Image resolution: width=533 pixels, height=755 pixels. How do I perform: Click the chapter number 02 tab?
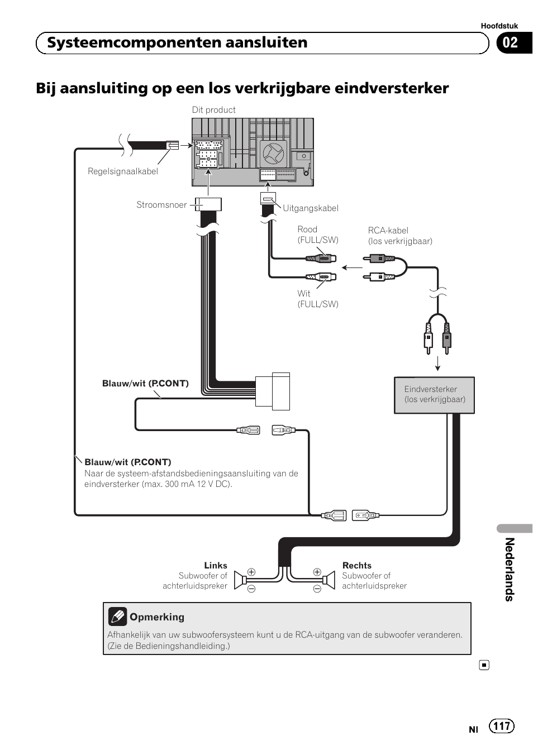click(511, 43)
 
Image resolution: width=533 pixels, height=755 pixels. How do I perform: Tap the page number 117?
click(502, 726)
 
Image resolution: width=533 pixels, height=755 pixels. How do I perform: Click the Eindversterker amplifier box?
click(434, 395)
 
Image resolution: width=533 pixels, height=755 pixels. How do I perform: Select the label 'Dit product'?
click(213, 110)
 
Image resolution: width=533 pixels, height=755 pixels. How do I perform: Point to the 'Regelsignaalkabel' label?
click(122, 171)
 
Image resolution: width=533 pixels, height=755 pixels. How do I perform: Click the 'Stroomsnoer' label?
click(161, 205)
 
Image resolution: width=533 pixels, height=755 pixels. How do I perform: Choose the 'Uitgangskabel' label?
click(311, 208)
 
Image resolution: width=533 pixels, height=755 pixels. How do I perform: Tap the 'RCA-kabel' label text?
click(388, 231)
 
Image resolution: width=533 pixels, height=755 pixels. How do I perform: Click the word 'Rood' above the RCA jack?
click(307, 230)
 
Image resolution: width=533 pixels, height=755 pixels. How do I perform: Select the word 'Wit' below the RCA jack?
click(304, 294)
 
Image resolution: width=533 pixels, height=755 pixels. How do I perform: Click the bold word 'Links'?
click(216, 566)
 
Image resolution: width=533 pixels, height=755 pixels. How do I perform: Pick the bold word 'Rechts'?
click(357, 566)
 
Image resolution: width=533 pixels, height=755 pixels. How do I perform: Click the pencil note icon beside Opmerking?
click(117, 617)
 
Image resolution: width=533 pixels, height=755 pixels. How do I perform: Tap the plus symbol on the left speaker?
click(251, 572)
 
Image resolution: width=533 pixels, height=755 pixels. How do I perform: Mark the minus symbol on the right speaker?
click(317, 589)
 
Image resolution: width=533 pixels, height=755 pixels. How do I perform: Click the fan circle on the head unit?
click(274, 152)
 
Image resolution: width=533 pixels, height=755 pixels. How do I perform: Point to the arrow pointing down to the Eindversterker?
click(438, 362)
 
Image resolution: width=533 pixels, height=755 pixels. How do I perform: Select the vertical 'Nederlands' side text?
click(509, 569)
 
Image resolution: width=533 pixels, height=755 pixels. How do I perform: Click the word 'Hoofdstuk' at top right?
click(499, 26)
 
